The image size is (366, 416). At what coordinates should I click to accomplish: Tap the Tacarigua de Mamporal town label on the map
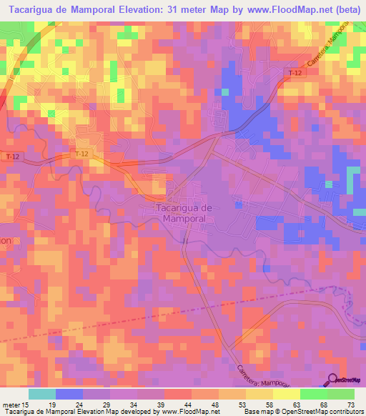[184, 212]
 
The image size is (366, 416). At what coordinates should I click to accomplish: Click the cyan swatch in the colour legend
[41, 394]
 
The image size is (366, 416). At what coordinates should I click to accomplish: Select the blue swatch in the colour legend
[69, 394]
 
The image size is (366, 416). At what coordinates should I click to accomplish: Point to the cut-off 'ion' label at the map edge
[6, 241]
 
